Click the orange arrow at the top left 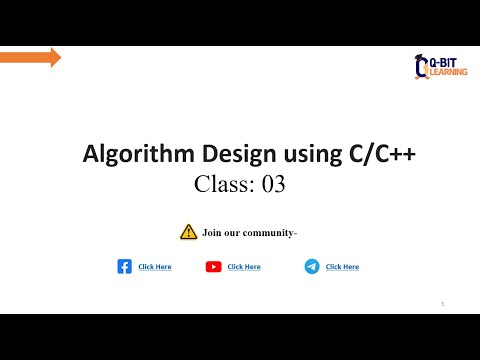coord(30,57)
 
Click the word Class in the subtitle coord(224,184)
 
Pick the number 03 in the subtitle coord(274,184)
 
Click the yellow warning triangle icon coord(188,232)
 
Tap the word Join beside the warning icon coord(212,233)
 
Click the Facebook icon coord(125,267)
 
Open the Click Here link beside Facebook coord(155,267)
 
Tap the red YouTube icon coord(213,267)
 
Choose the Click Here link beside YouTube coord(244,267)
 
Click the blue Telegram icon coord(312,267)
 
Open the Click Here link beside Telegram coord(342,267)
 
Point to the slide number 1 coord(442,303)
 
